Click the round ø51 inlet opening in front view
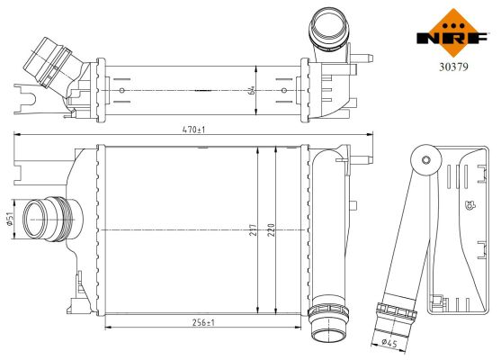tap(39, 216)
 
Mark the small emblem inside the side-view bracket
tap(469, 204)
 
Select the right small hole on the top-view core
tap(285, 90)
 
